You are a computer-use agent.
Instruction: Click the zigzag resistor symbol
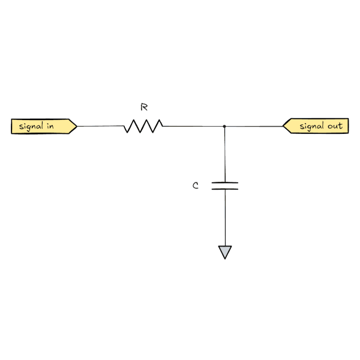click(143, 126)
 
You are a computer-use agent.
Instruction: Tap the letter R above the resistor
click(144, 107)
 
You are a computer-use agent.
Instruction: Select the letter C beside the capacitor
click(196, 186)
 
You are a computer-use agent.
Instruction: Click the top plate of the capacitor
click(225, 182)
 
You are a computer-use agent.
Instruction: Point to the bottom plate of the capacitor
click(225, 189)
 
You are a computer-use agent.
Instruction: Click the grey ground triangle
click(225, 251)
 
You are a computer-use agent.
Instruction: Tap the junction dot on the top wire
click(224, 126)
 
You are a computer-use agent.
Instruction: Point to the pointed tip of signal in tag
click(76, 126)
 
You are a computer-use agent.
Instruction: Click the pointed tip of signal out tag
click(284, 126)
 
